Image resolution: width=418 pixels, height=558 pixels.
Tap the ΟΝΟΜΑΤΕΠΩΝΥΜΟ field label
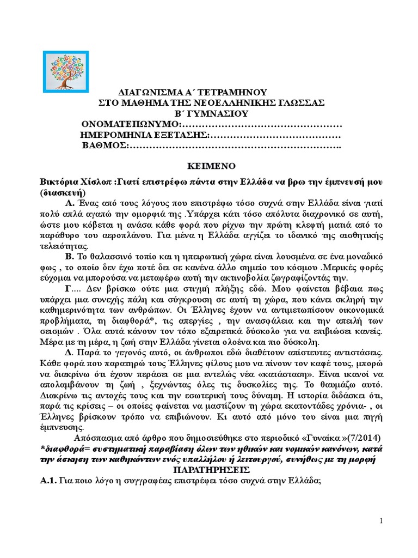pyautogui.click(x=124, y=124)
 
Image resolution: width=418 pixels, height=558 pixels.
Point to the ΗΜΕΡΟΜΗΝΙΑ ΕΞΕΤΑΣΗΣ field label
pyautogui.click(x=144, y=135)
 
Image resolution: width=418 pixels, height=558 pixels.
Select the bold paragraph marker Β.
pyautogui.click(x=69, y=255)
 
